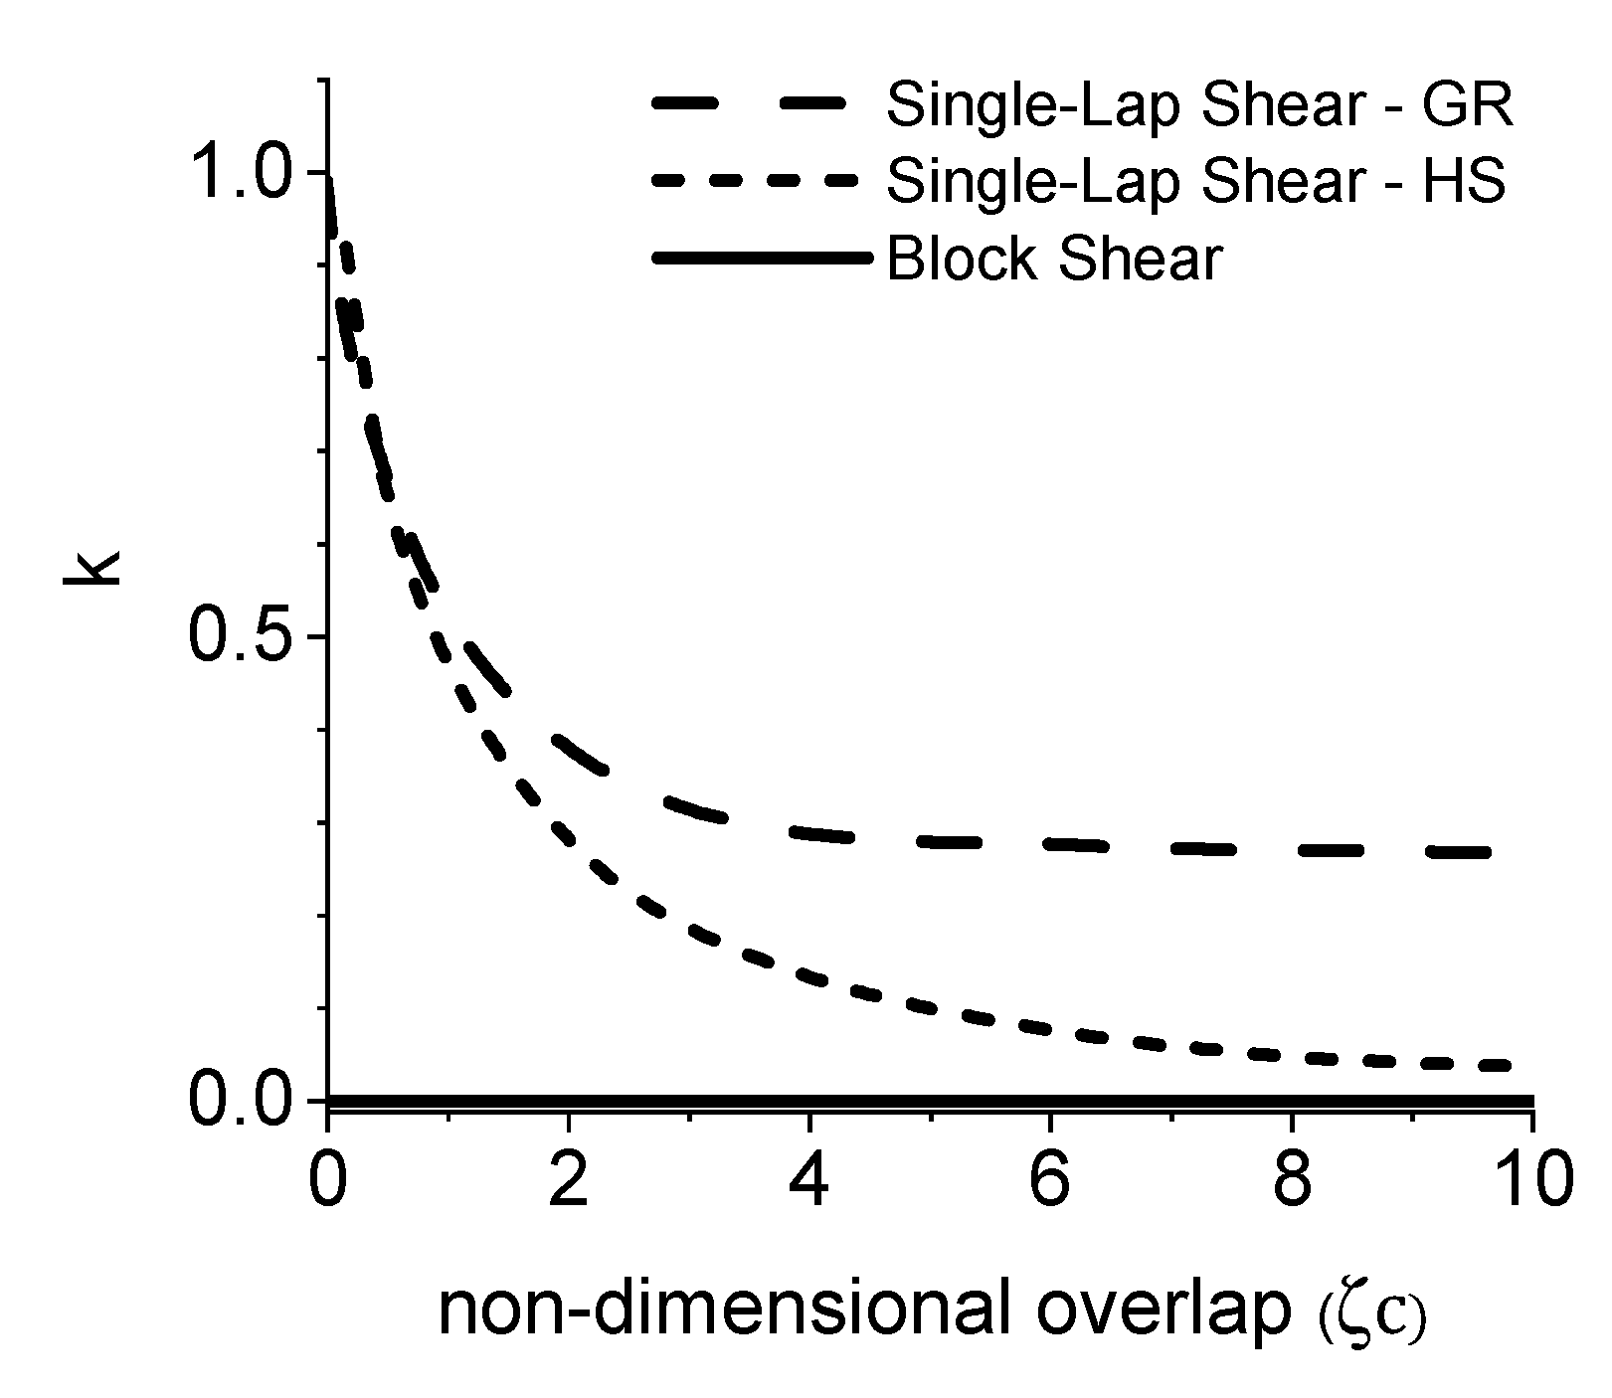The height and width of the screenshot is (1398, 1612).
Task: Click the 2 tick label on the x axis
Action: (568, 1179)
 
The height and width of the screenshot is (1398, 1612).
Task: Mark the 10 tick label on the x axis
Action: (1531, 1179)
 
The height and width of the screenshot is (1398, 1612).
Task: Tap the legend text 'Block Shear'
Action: (1052, 260)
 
